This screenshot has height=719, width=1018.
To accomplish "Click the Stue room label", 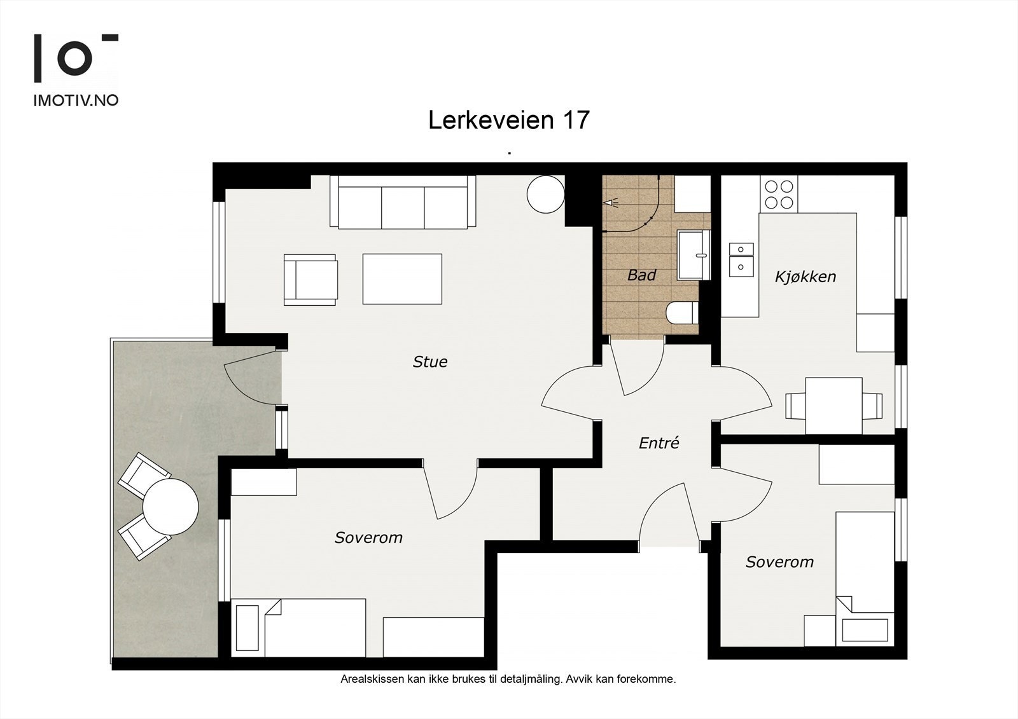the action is click(x=430, y=362).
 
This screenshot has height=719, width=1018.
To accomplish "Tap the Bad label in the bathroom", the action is click(x=642, y=275).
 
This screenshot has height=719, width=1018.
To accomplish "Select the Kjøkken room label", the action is click(x=805, y=277).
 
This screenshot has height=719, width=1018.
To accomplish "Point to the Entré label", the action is click(x=659, y=443).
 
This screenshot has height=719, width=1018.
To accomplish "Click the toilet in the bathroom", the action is click(x=682, y=313).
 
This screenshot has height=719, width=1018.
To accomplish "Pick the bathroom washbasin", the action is click(x=694, y=254).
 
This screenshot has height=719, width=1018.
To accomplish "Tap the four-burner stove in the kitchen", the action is click(x=779, y=195).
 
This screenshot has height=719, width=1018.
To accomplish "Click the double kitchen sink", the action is click(x=741, y=260).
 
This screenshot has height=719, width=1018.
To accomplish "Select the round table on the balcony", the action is click(x=171, y=507).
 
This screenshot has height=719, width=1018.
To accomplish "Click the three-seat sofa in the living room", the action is click(x=403, y=202).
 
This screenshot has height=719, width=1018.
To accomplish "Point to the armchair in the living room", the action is click(x=311, y=280).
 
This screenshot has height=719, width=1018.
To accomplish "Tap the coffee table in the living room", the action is click(x=402, y=279).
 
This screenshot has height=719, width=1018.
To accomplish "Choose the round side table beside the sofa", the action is click(x=546, y=195).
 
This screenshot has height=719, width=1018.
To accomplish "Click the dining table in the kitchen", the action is click(x=834, y=406).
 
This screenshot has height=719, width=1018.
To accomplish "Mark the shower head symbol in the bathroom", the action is click(x=611, y=203).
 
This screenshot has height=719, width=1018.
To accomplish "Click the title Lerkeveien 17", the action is click(x=508, y=120).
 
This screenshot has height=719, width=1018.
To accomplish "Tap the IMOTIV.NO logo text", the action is click(x=76, y=100).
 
